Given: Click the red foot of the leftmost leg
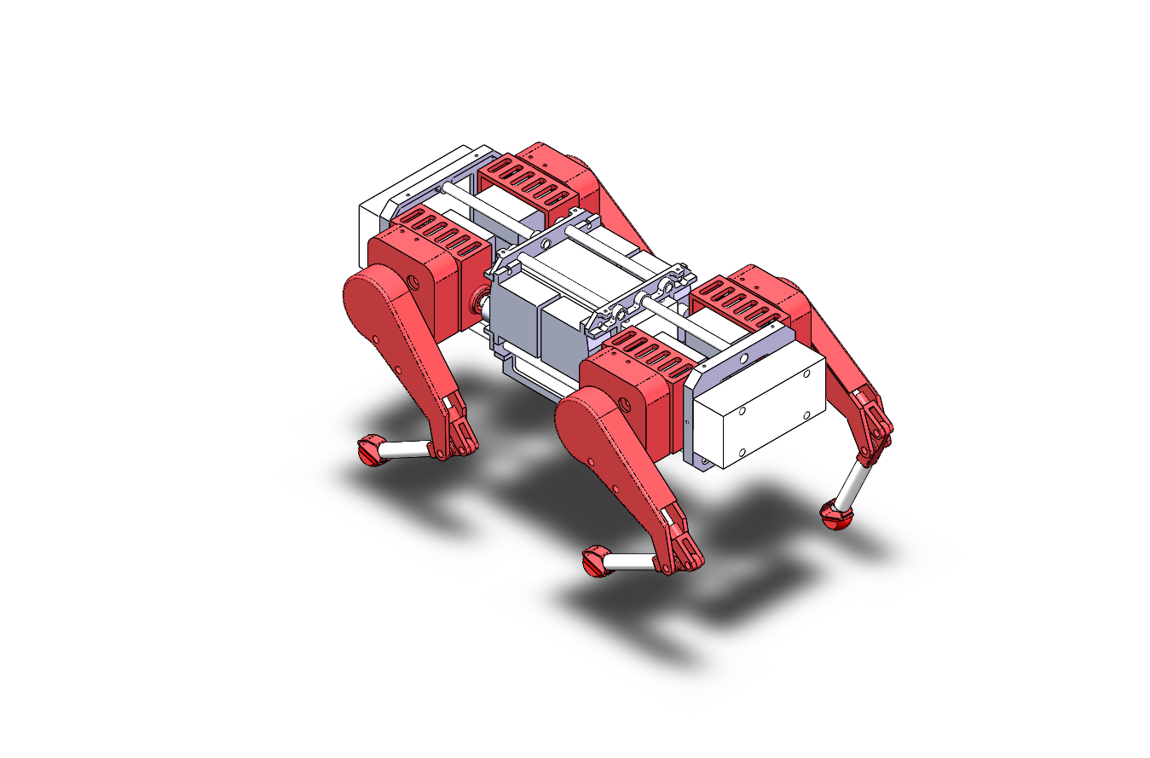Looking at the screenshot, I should [x=371, y=450].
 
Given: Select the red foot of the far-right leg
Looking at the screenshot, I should [x=835, y=516].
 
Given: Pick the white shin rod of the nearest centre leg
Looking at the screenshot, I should [x=630, y=562].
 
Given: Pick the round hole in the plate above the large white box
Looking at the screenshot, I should [x=746, y=359].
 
